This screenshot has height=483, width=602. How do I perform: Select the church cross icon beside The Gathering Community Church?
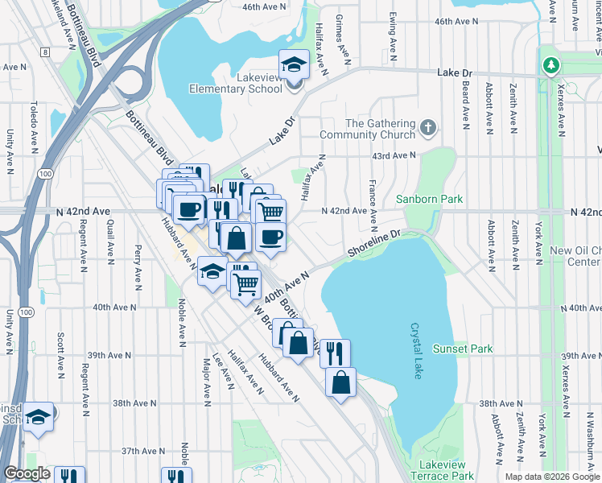[x=429, y=126]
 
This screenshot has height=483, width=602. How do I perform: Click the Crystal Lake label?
[x=416, y=342]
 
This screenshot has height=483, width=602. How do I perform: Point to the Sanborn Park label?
[x=429, y=198]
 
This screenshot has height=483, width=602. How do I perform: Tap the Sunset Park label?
[x=462, y=349]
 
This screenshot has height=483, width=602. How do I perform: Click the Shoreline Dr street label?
[x=374, y=246]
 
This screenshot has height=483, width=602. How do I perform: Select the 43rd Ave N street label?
[x=395, y=155]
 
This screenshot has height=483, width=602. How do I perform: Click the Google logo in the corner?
[x=26, y=473]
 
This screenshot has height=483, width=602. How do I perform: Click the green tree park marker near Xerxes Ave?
[x=550, y=64]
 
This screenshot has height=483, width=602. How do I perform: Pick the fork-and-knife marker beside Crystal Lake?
[x=335, y=353]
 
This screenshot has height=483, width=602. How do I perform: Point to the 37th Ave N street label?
[x=138, y=452]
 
